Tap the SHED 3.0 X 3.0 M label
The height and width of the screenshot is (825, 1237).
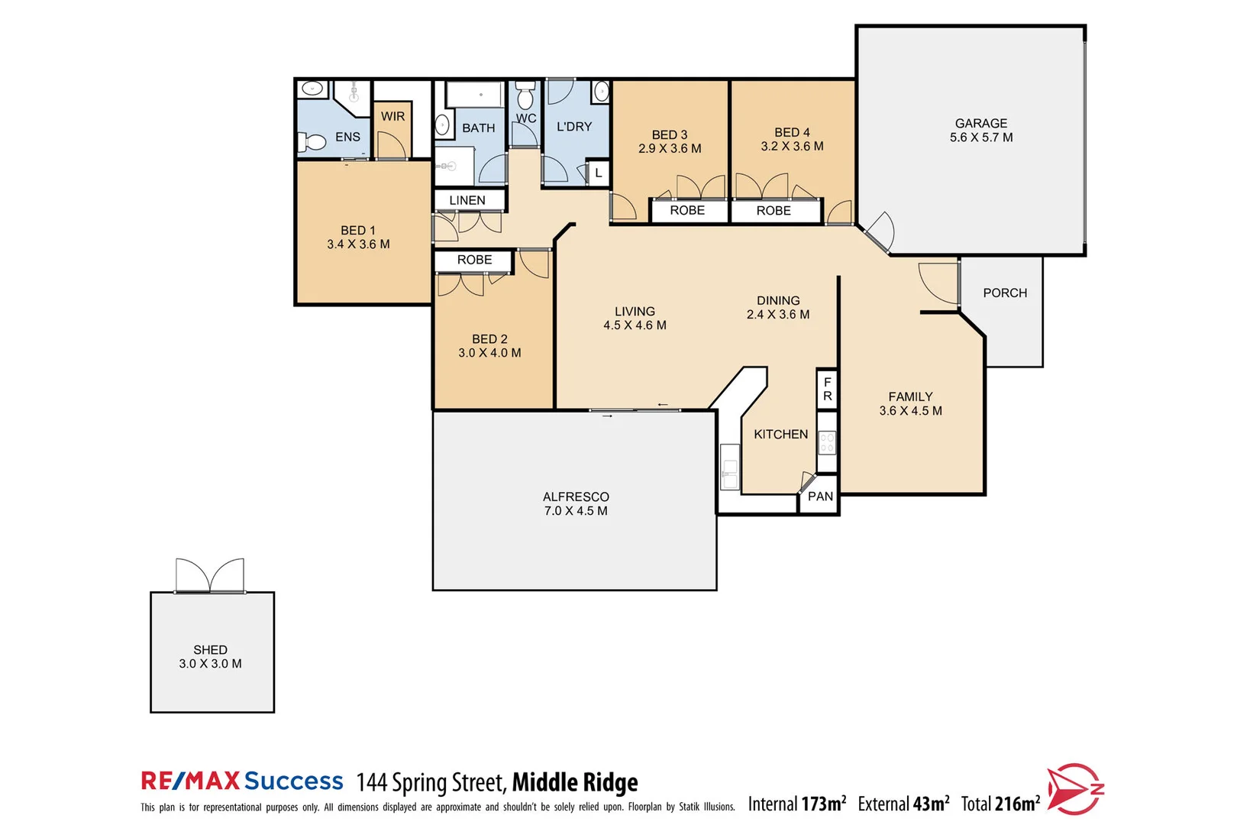click(210, 656)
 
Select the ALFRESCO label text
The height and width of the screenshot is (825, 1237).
click(576, 497)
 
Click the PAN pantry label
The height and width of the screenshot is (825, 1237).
click(820, 497)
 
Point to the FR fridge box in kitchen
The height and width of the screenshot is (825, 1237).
click(827, 389)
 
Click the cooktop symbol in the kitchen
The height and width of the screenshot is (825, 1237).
click(827, 442)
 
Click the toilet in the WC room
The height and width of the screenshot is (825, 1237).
click(525, 97)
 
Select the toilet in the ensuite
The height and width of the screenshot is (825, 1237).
click(314, 141)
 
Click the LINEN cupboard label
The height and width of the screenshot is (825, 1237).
click(467, 200)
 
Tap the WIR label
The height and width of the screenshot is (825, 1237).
click(392, 116)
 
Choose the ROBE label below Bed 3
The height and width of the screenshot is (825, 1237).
click(687, 210)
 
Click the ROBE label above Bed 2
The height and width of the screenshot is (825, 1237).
click(474, 260)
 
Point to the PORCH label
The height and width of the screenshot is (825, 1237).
click(1004, 293)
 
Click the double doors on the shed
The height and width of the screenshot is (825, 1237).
click(210, 575)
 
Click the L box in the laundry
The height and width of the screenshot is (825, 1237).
click(598, 173)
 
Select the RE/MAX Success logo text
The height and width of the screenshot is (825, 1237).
click(242, 781)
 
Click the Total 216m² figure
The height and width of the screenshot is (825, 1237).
click(1000, 804)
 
